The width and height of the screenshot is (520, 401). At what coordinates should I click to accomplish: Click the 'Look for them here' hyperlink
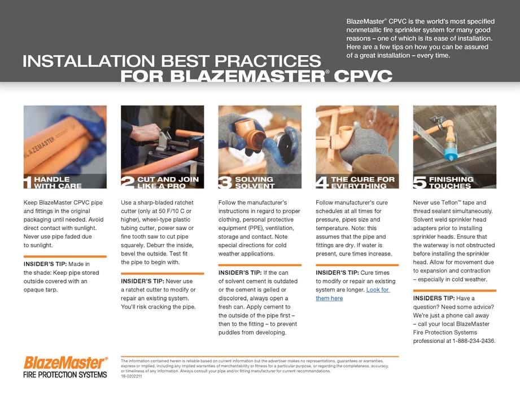pos(352,294)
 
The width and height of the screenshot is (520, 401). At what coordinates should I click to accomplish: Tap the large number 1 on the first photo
pos(28,182)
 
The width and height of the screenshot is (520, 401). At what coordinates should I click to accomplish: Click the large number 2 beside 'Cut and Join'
pos(127,182)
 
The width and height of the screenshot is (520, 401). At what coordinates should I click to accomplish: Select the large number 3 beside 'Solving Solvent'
pos(225,182)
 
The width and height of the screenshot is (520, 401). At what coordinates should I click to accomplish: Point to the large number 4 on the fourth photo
pos(322,182)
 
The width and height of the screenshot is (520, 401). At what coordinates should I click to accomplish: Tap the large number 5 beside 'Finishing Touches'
pos(420,182)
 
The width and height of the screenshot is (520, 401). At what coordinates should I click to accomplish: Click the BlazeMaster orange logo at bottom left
pos(65,362)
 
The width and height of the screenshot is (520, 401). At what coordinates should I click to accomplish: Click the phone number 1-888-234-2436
pos(474,341)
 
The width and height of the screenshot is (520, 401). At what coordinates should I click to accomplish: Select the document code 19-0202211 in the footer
pos(132,376)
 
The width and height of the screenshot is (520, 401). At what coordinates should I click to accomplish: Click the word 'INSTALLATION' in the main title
pos(90,61)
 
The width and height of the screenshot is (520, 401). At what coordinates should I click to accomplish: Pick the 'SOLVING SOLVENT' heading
pos(255,182)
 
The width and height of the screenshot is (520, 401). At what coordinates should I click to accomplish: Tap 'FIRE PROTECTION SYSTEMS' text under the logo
pos(65,374)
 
